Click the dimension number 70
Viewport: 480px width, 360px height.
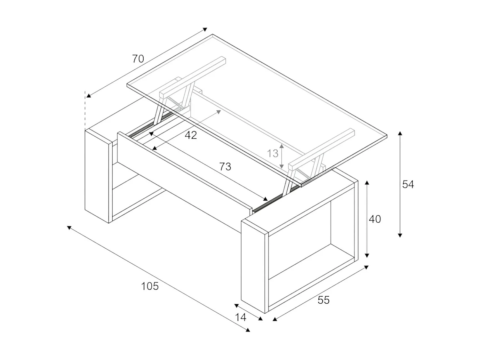(x=138, y=59)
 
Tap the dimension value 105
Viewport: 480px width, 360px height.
(x=150, y=286)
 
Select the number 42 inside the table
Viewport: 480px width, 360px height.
(x=191, y=135)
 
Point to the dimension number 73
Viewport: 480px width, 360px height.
(x=225, y=166)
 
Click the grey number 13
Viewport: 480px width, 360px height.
(x=273, y=154)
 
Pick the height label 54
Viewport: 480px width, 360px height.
(x=408, y=184)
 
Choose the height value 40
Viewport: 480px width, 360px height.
(x=375, y=219)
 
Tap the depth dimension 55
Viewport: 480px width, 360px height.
(x=323, y=300)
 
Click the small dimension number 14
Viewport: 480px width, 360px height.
(x=241, y=317)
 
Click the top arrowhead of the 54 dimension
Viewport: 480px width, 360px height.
(x=400, y=133)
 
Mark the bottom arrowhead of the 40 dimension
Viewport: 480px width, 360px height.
(x=367, y=256)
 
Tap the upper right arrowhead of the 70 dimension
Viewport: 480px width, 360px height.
(x=205, y=29)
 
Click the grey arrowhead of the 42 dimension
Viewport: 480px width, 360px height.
(x=219, y=112)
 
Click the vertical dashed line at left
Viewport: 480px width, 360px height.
(x=85, y=110)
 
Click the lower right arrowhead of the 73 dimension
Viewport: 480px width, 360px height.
(x=265, y=199)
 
